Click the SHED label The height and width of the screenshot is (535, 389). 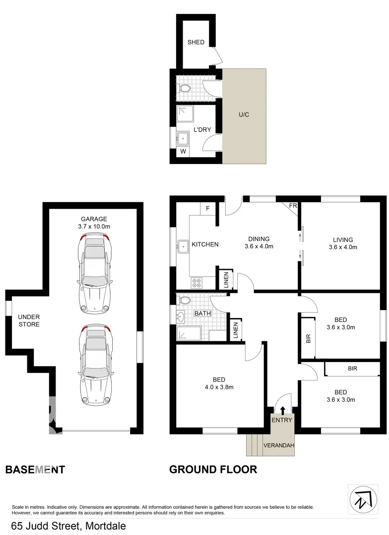click(x=196, y=42)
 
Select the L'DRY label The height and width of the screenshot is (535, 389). click(x=202, y=130)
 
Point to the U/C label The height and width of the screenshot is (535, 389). click(x=244, y=115)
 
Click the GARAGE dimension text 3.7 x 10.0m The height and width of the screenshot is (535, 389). click(x=94, y=226)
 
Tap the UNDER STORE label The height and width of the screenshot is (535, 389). click(x=29, y=321)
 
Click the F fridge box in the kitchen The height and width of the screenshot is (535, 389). click(x=208, y=209)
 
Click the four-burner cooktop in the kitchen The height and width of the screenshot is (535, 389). click(x=196, y=283)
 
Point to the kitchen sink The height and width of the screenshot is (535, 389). click(x=183, y=244)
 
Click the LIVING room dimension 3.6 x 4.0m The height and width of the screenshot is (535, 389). click(x=343, y=247)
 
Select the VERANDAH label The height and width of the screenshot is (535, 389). click(x=278, y=445)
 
